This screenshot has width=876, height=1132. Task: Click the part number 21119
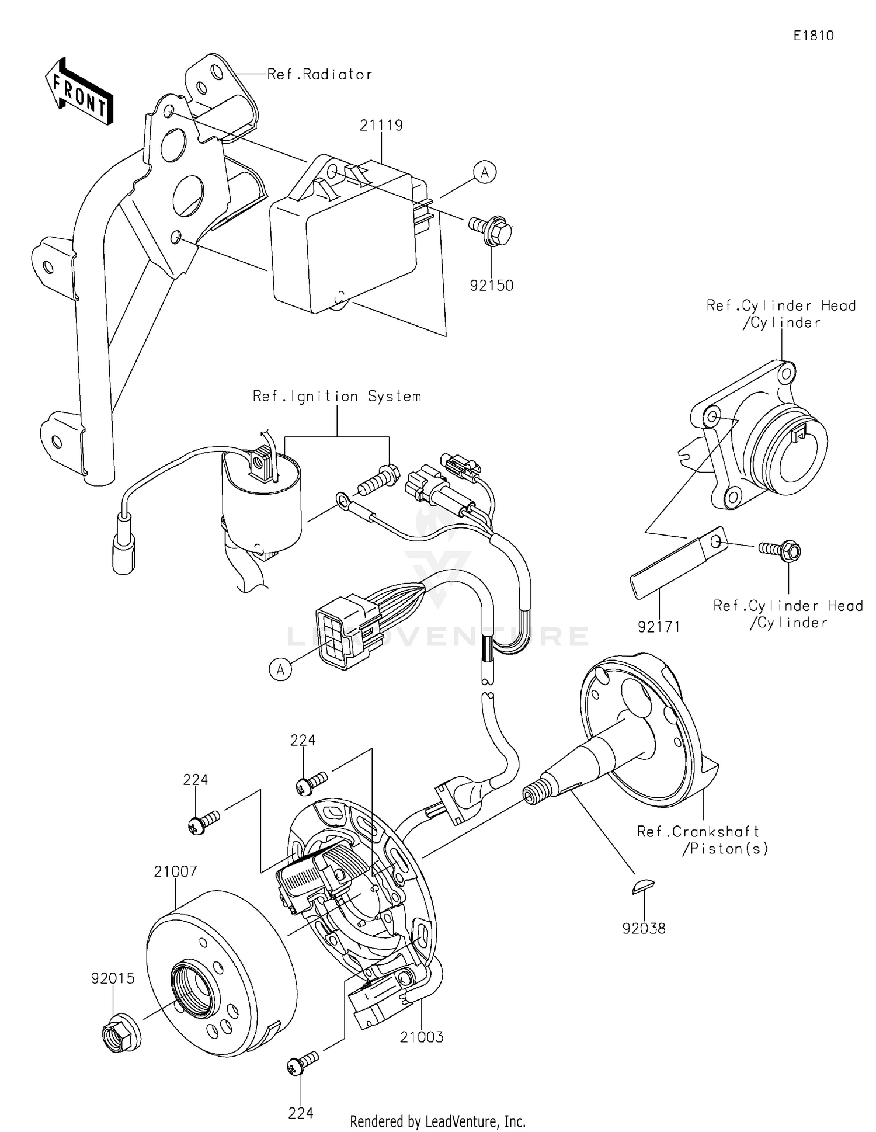click(381, 125)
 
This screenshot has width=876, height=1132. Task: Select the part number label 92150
click(492, 286)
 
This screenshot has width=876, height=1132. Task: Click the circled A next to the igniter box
click(485, 172)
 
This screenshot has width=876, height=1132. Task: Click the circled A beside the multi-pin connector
click(280, 669)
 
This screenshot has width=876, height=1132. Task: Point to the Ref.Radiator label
click(319, 74)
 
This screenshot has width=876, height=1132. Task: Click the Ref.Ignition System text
click(337, 396)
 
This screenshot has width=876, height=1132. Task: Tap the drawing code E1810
click(813, 36)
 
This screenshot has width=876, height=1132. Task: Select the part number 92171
click(659, 627)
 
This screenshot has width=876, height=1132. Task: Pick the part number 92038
click(644, 928)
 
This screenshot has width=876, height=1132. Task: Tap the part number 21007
click(175, 871)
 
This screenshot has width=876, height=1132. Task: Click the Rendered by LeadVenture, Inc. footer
click(437, 1121)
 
